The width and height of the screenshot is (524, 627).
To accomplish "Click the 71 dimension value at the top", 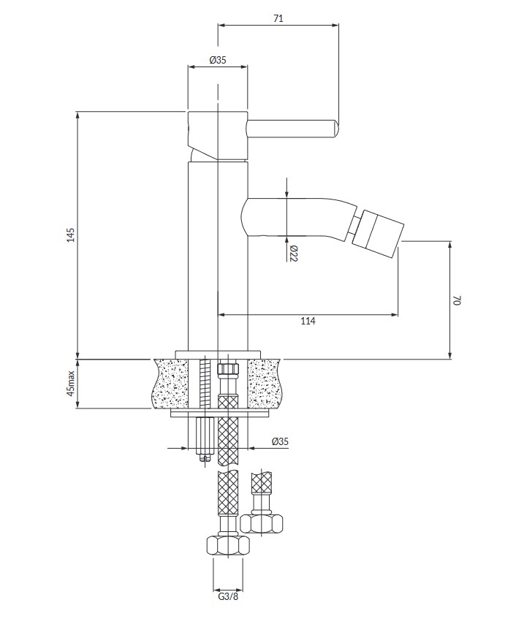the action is point(278,18).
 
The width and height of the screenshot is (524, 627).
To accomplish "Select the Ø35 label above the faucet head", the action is point(218,60).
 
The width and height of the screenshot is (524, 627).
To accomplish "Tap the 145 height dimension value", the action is point(70,235).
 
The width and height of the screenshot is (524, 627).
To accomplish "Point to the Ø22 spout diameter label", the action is point(294,253).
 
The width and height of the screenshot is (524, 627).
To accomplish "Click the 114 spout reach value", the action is point(308,321).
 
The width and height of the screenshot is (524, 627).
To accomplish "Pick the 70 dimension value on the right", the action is point(457,300).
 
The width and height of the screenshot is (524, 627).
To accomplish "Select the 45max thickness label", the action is point(71,384).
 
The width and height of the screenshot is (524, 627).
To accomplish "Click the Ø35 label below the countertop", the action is point(280,441).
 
